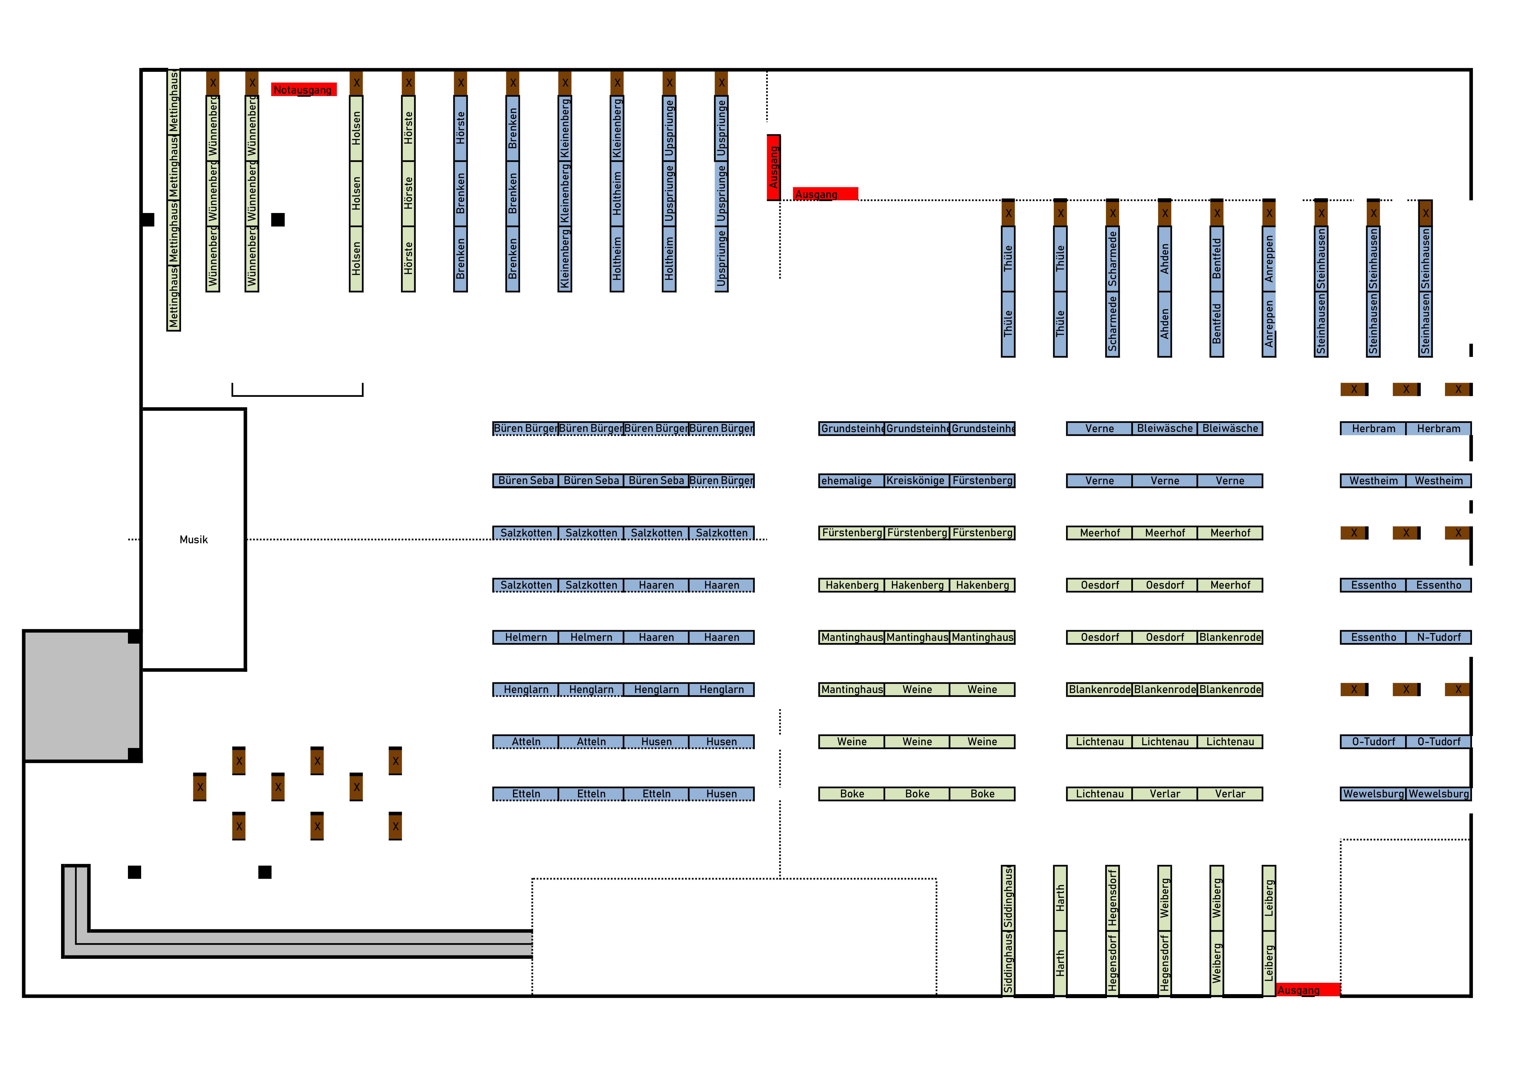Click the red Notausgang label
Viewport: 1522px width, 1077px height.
coord(304,90)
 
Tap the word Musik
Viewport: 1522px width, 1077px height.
coord(194,539)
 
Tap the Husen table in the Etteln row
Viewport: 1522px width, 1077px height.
coord(721,794)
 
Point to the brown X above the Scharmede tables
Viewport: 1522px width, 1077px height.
coord(1112,213)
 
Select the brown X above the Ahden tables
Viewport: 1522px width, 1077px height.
coord(1165,213)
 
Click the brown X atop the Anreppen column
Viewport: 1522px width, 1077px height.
coord(1269,213)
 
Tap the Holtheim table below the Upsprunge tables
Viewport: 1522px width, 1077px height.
coord(669,259)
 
